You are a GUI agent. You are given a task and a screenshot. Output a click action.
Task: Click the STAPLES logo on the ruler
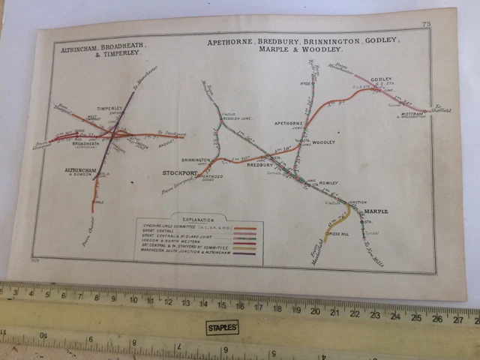coord(222,328)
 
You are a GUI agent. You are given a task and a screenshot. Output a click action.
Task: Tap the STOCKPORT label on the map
coord(179,173)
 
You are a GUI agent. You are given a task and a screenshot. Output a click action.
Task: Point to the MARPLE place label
coord(376,211)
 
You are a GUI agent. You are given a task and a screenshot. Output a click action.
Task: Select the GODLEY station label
coord(382,79)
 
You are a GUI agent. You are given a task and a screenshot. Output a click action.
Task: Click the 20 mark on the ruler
coord(316,309)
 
